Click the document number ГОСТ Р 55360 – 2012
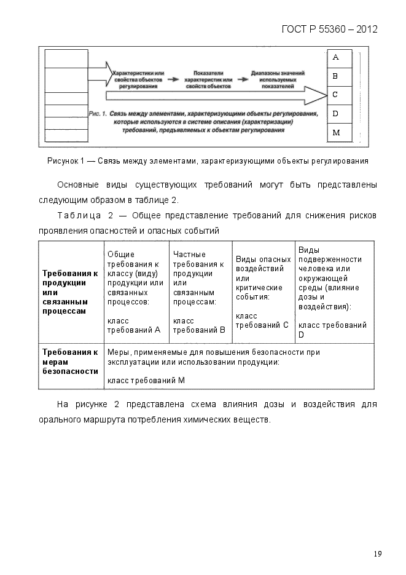pos(329,29)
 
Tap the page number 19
pos(377,554)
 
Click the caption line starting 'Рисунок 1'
pos(208,161)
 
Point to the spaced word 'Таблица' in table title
pos(77,216)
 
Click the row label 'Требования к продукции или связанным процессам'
pos(70,292)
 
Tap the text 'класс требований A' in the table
pos(133,325)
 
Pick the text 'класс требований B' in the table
pos(199,325)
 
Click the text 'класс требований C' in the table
pos(262,320)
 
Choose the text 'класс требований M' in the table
pos(146,380)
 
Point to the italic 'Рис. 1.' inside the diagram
pos(98,114)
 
